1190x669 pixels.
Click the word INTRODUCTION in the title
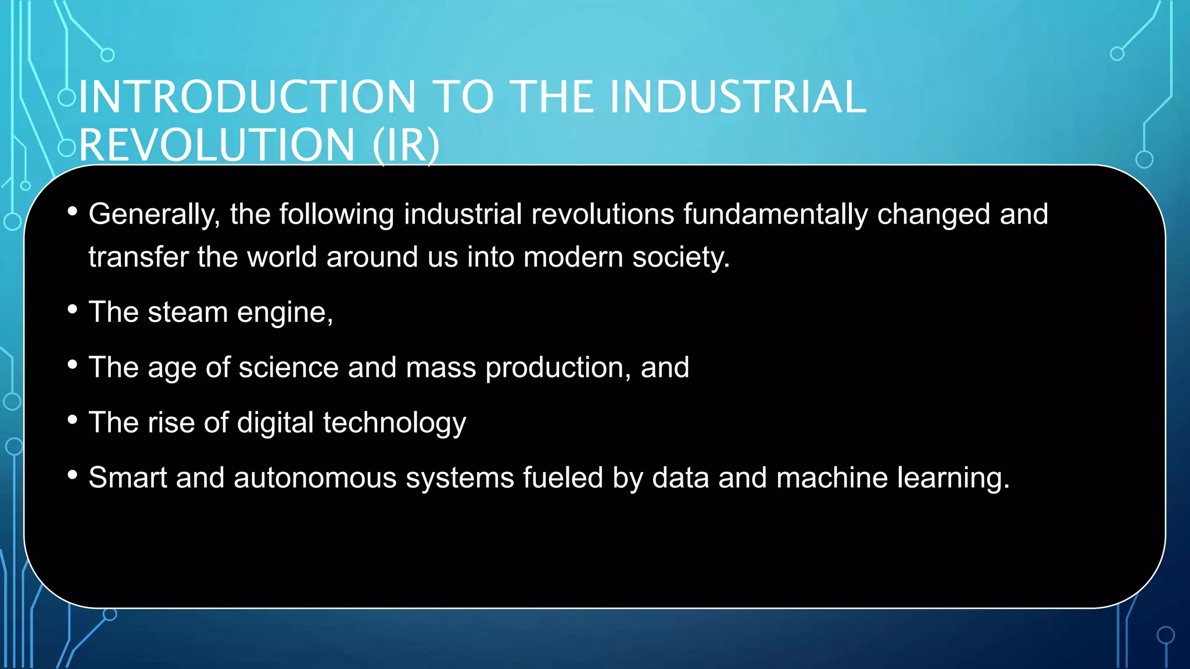coord(248,97)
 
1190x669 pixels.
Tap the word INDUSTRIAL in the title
coord(738,97)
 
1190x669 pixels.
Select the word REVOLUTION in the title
coord(217,145)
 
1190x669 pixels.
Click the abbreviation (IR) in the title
coord(406,145)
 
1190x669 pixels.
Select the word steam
coord(188,312)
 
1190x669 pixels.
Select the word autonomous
coord(316,478)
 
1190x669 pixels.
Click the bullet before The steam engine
coord(72,310)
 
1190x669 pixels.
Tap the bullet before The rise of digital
coord(72,420)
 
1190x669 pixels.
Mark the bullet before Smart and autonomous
coord(72,475)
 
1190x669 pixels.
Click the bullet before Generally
coord(72,211)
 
